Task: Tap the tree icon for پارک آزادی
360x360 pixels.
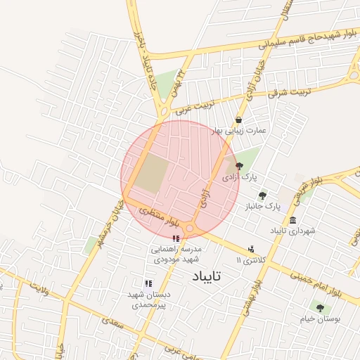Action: (x=240, y=166)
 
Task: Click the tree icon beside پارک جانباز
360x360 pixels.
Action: (x=262, y=195)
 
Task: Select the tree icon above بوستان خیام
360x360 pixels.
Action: (x=320, y=307)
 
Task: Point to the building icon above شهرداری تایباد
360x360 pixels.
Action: (x=292, y=220)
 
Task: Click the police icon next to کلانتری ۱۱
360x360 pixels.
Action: (x=250, y=249)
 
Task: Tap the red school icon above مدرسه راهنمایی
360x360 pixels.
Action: (x=175, y=239)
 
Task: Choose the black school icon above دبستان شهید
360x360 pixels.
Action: (x=148, y=283)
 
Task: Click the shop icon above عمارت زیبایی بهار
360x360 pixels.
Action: (x=240, y=120)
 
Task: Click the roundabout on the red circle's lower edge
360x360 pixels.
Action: (x=190, y=229)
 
